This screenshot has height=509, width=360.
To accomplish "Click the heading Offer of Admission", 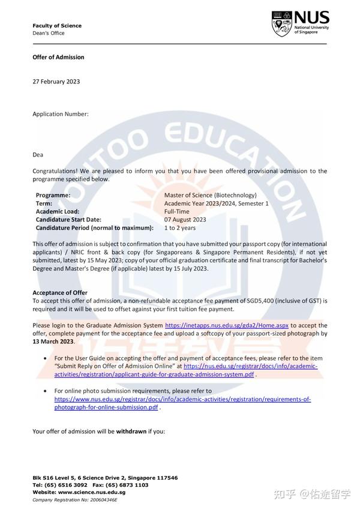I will (x=58, y=57).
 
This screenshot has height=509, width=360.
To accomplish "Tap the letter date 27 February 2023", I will (x=56, y=81).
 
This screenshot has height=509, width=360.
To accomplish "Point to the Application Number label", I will (x=60, y=113).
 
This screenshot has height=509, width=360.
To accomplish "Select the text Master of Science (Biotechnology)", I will (x=210, y=195).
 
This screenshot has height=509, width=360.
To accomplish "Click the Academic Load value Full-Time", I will (x=176, y=211).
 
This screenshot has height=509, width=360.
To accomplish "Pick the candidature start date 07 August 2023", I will (x=185, y=220).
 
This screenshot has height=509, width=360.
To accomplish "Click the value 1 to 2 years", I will (x=180, y=228).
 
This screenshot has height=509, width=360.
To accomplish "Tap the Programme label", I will (x=53, y=195).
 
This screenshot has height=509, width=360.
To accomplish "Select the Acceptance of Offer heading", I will (x=60, y=293).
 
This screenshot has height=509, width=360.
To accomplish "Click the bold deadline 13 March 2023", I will (x=53, y=341).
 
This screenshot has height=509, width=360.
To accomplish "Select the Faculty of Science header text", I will (x=57, y=26).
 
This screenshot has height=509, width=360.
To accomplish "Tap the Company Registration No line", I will (x=74, y=499).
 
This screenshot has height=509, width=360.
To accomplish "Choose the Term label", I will (x=44, y=203).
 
